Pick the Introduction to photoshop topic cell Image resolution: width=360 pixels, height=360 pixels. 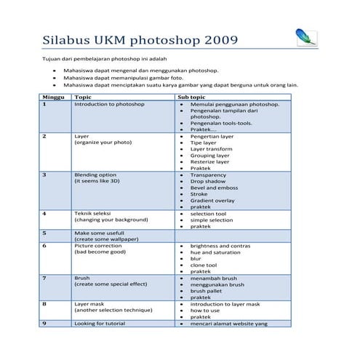pyautogui.click(x=109, y=105)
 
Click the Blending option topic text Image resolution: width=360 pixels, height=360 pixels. pyautogui.click(x=95, y=175)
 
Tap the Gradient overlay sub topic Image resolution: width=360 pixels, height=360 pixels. pyautogui.click(x=212, y=201)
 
